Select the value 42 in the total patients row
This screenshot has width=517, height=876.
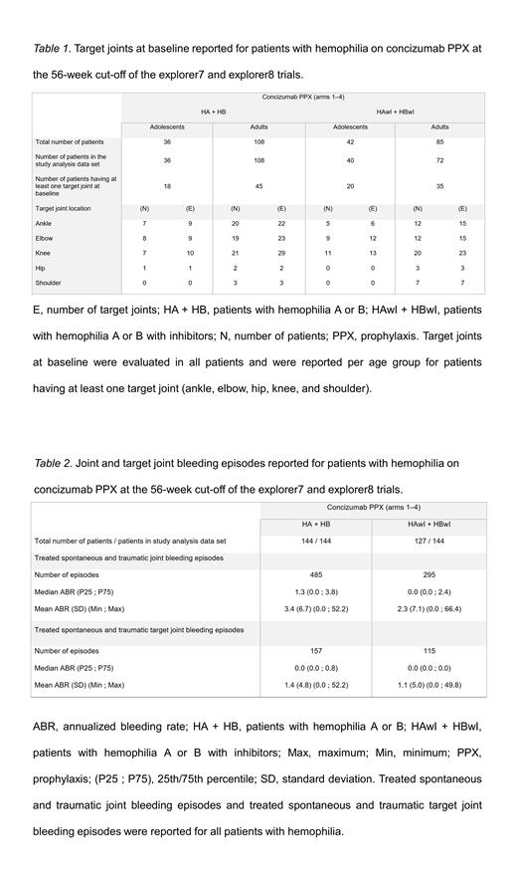(x=349, y=141)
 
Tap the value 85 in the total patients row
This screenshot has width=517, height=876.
(x=439, y=141)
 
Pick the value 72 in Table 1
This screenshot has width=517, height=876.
(x=439, y=160)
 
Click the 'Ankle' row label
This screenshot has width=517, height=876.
(x=47, y=224)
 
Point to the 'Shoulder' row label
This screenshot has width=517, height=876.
(x=52, y=284)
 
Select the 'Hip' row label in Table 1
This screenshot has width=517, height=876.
(x=43, y=269)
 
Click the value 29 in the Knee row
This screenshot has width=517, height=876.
(x=281, y=254)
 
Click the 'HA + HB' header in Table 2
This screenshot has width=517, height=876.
(x=315, y=525)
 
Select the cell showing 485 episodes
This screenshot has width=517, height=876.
(x=315, y=574)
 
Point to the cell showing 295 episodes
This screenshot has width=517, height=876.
(x=429, y=574)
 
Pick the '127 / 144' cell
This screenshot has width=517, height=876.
(x=429, y=542)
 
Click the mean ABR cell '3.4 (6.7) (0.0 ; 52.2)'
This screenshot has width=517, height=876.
(x=315, y=607)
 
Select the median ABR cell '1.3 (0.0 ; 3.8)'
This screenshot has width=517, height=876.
(x=315, y=590)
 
